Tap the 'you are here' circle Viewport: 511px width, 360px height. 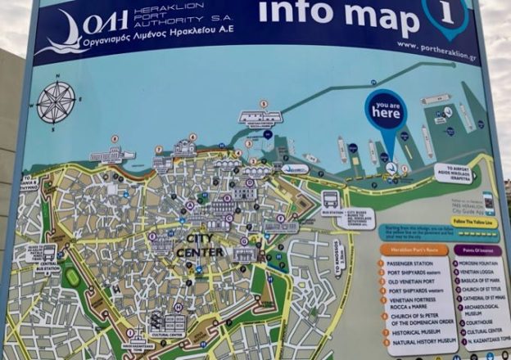click(385, 112)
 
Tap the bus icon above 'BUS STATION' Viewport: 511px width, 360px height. click(331, 199)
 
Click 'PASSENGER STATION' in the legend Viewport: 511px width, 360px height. click(417, 264)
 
